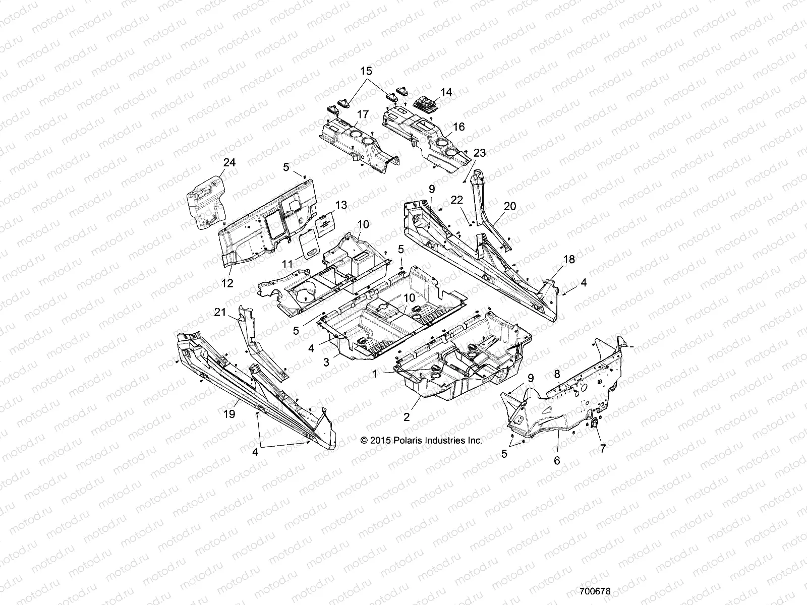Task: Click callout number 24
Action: coord(229,162)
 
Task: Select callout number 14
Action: coord(446,92)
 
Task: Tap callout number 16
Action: coord(458,127)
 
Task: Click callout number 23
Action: coord(479,153)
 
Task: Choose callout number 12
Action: coord(227,283)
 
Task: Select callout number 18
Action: coord(569,259)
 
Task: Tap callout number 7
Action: coord(602,448)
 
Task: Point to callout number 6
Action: coord(557,460)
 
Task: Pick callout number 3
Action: coord(326,362)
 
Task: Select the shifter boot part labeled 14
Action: coord(427,103)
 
